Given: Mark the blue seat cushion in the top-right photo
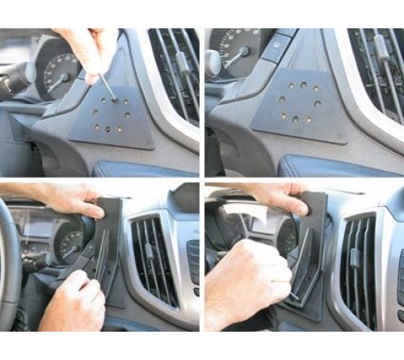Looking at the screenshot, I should pyautogui.click(x=331, y=165).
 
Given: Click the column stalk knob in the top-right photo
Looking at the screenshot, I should pyautogui.click(x=212, y=61).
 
